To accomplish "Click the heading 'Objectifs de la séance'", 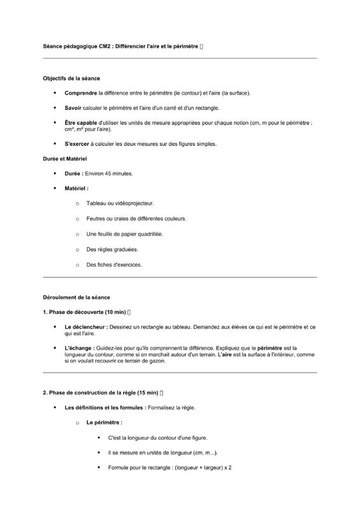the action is pos(71,79).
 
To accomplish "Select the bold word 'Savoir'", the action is pos(74,108).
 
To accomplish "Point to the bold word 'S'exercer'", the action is pos(77,144).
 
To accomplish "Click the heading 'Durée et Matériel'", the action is pos(65,159).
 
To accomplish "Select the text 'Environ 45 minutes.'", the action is pos(109,173).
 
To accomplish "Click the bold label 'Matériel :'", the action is pos(76,189).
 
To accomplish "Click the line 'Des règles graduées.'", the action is pos(112,249).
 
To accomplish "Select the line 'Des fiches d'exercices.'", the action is pos(114,265).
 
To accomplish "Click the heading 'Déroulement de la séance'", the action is pos(76,297).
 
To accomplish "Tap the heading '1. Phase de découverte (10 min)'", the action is pos(84,312).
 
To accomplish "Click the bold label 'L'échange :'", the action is pos(79,348).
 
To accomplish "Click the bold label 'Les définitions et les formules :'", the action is pos(104,407).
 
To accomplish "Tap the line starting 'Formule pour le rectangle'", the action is pos(169,467).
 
